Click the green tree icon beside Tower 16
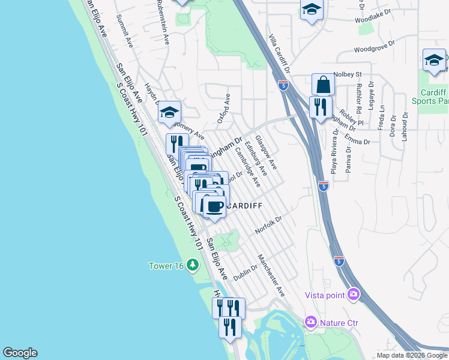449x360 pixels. coord(192,265)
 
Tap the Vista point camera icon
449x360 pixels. coord(354,294)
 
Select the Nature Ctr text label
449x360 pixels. coord(339,323)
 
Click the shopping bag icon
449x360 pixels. coord(323,85)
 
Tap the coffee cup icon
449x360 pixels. coord(214,206)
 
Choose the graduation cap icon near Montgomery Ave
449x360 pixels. coord(170,112)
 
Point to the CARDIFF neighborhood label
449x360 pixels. coord(243,206)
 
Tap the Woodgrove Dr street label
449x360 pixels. coord(375,47)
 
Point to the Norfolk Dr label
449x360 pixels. coord(268,226)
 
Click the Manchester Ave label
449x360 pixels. coord(271,275)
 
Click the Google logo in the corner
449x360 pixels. coord(20,353)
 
